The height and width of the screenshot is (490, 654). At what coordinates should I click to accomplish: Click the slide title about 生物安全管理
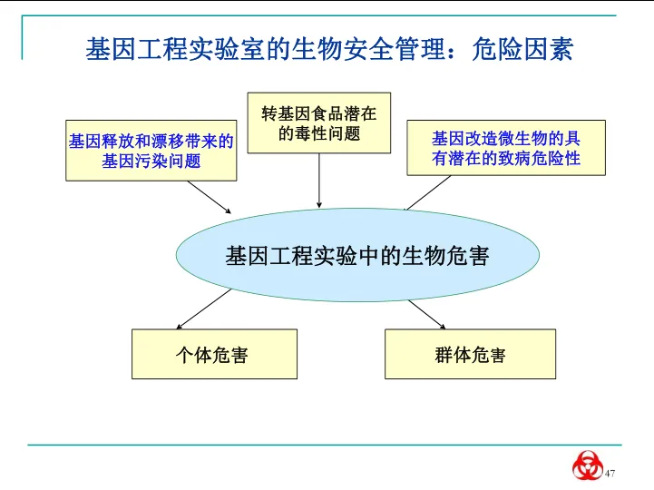(328, 49)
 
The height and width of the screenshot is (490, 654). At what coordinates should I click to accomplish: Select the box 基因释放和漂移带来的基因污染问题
(151, 151)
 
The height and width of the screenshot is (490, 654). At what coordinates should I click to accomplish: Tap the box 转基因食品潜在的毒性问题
(318, 123)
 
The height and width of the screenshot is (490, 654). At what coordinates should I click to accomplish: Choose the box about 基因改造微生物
(505, 149)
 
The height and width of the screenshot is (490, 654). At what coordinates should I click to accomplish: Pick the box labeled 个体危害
(214, 354)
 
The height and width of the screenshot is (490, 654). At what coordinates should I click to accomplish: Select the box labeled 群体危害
(470, 354)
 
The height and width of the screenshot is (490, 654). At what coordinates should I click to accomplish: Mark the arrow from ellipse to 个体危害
(194, 313)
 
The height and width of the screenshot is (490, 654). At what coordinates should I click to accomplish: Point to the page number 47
(610, 474)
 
